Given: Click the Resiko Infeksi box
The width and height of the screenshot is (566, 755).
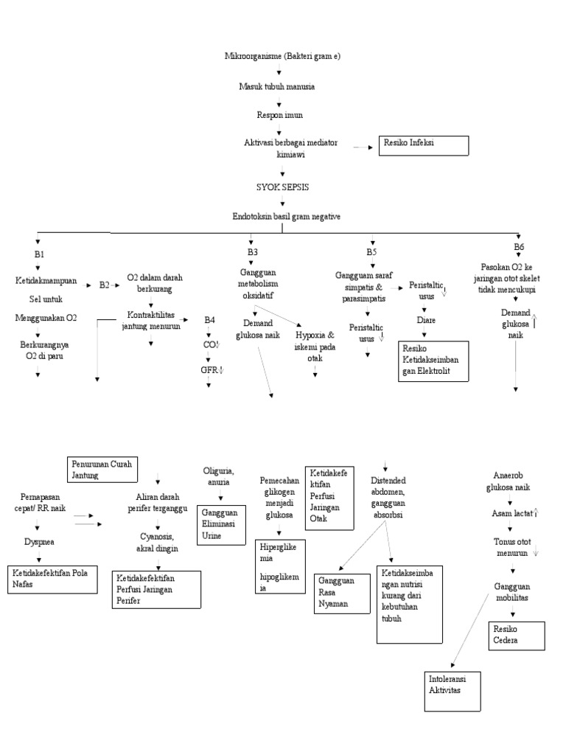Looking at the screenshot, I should click(423, 145).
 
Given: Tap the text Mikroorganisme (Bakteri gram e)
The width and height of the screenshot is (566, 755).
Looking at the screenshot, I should click(283, 56).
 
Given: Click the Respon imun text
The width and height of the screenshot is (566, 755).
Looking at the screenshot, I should click(279, 115).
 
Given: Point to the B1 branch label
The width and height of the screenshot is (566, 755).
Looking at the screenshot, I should click(40, 254).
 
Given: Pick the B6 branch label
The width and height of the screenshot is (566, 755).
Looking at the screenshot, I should click(519, 247).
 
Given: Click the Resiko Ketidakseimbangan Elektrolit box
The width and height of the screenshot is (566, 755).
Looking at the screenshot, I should click(435, 361).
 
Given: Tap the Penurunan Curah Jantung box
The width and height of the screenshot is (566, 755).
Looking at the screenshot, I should click(103, 470).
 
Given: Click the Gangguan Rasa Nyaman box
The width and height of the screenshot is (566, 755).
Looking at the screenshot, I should click(340, 592).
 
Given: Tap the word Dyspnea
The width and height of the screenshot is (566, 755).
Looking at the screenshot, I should click(38, 542).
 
